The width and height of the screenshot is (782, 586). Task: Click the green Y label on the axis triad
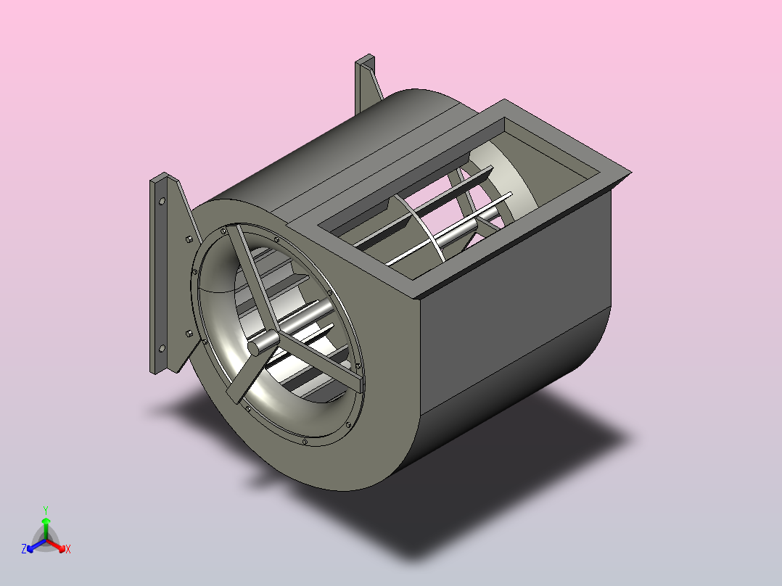pos(45,509)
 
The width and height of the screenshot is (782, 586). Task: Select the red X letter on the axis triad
pos(68,550)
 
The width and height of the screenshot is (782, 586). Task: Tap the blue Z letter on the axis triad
pos(24,549)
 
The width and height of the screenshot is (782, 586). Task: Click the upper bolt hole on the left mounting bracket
pos(161,201)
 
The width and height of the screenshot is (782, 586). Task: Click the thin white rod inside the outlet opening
pos(450,225)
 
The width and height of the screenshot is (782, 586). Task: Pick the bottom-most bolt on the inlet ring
pos(305,442)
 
